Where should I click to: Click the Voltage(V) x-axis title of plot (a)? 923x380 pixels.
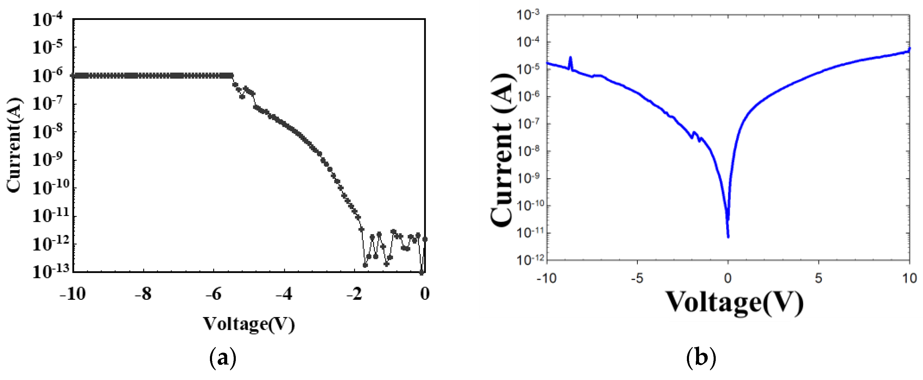point(249,324)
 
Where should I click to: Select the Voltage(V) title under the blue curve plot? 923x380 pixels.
point(734,303)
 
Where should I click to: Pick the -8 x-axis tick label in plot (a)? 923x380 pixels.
point(143,294)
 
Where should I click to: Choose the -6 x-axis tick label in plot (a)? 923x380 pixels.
point(214,294)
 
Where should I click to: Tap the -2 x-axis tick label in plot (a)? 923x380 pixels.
point(354,294)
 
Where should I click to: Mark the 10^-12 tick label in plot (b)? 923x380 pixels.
point(530,260)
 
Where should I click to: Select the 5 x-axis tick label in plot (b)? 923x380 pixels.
point(818,278)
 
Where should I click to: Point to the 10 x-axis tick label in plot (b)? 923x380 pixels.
point(909,278)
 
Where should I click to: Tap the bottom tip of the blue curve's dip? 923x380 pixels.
point(728,236)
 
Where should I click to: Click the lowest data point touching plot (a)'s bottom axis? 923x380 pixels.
point(421,272)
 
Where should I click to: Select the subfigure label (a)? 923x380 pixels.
point(222,358)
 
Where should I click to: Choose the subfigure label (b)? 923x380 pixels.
point(701,358)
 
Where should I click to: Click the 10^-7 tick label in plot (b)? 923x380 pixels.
point(530,124)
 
